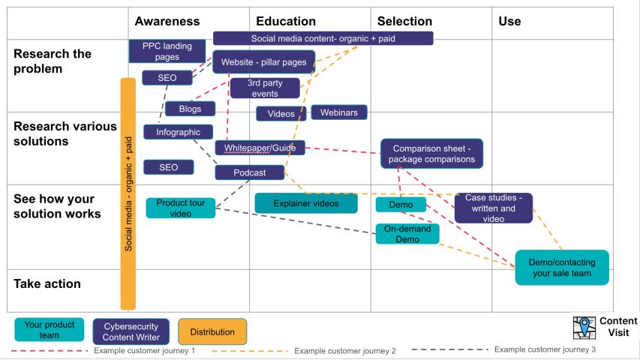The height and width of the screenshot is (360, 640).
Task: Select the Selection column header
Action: click(x=404, y=21)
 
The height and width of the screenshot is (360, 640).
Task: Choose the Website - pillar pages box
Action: click(x=263, y=61)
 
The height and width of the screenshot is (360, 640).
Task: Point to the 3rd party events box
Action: click(x=264, y=88)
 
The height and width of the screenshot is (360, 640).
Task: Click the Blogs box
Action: click(x=190, y=109)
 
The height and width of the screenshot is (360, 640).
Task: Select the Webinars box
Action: click(x=338, y=112)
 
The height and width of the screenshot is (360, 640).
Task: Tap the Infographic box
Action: click(x=178, y=132)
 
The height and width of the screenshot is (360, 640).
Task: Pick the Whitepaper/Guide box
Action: click(x=260, y=148)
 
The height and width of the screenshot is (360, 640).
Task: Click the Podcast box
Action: click(x=250, y=172)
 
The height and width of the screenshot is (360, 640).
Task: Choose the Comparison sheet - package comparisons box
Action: click(x=431, y=154)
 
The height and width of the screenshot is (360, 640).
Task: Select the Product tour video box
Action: click(x=181, y=208)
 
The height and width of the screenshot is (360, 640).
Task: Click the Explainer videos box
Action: click(x=305, y=203)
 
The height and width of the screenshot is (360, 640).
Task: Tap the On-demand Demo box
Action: click(x=407, y=234)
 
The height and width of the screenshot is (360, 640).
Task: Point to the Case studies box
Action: click(x=493, y=208)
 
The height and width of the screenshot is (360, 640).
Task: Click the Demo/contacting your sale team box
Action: click(x=561, y=267)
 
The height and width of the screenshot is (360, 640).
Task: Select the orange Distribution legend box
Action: click(x=212, y=331)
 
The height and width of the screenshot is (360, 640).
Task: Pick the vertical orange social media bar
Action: click(x=128, y=193)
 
